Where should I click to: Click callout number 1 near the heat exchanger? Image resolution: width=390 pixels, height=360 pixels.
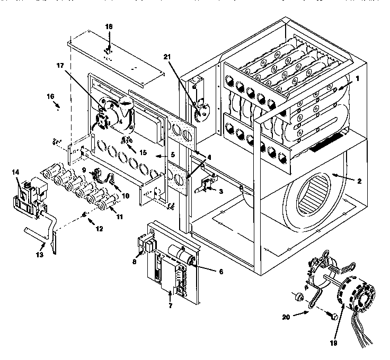pos(357,78)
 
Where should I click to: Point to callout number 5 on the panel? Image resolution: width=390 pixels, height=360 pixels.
pos(157,156)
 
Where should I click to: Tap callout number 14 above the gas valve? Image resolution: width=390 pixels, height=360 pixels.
pos(15,172)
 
